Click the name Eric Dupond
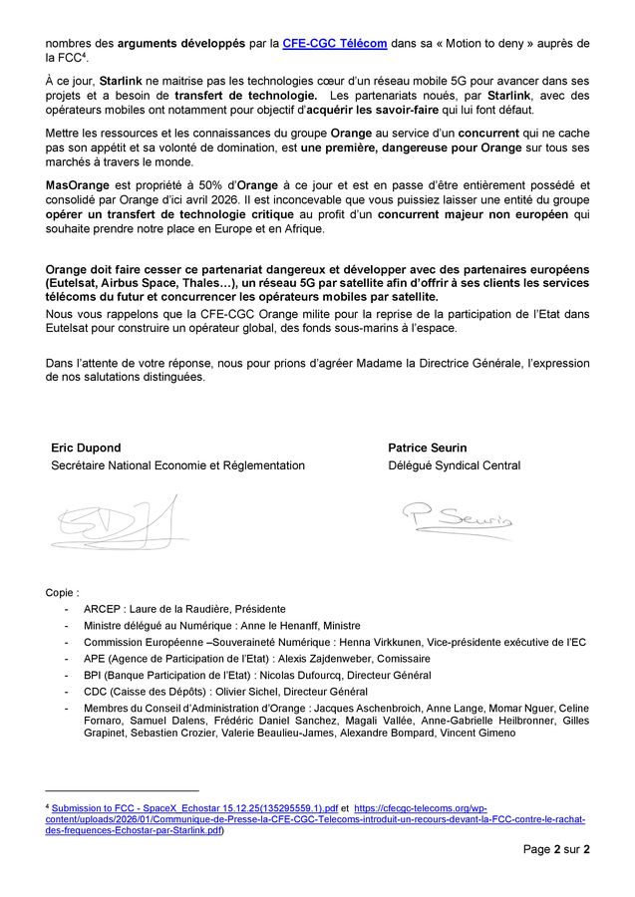tap(86, 448)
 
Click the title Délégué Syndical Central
tap(454, 465)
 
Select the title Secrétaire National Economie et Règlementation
tap(178, 465)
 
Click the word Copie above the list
tap(62, 592)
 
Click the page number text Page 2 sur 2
tap(556, 849)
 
